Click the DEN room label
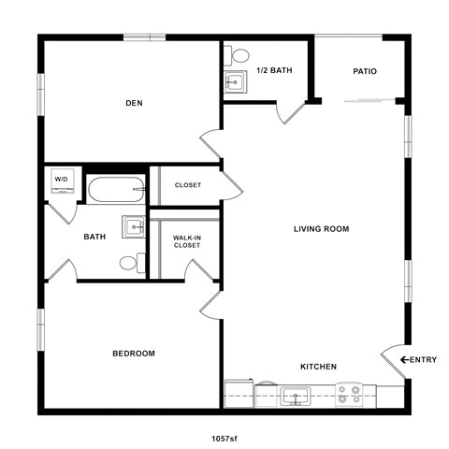[x=133, y=103]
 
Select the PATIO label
[x=365, y=71]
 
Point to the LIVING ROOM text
[x=321, y=228]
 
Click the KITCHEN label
[x=318, y=366]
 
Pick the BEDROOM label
[x=133, y=353]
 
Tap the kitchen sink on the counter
[x=296, y=396]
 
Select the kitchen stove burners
[x=350, y=394]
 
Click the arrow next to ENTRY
[x=405, y=359]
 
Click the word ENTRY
[x=425, y=359]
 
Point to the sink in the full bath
[x=135, y=227]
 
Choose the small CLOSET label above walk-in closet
[x=187, y=185]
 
